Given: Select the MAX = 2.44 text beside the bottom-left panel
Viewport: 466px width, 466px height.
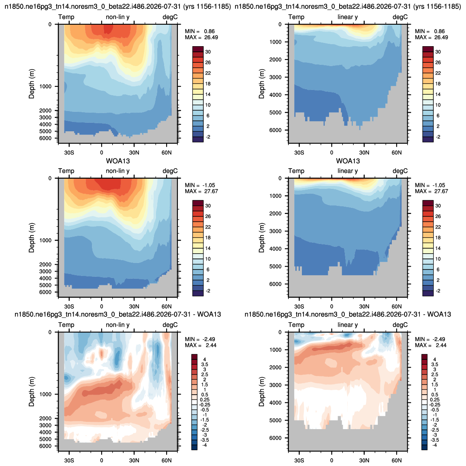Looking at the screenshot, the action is [201, 345].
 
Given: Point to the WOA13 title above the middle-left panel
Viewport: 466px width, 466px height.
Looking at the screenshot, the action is [118, 161].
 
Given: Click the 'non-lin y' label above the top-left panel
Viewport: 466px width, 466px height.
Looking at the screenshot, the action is [118, 17].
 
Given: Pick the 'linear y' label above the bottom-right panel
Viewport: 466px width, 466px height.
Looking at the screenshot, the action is [348, 325].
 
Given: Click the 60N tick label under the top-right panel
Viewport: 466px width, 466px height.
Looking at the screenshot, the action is [396, 152].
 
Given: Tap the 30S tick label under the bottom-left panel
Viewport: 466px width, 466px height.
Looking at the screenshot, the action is [69, 460].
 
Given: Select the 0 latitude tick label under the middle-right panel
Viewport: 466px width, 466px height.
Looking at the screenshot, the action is [331, 306].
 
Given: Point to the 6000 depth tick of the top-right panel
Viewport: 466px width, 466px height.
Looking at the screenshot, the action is [275, 130].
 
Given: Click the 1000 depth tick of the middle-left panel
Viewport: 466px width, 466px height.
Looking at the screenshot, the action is [45, 240].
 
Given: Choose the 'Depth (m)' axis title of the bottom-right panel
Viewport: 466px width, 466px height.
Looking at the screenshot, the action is [261, 391].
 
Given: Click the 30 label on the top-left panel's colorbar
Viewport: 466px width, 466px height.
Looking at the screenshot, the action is [208, 52].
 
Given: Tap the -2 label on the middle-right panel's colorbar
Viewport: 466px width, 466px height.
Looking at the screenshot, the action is [438, 291].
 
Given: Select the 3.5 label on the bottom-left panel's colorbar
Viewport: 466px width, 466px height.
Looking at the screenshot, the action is [205, 364].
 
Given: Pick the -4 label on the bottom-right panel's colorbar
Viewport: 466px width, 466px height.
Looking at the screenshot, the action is [434, 445].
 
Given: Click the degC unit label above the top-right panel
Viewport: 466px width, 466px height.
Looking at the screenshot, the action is [400, 17].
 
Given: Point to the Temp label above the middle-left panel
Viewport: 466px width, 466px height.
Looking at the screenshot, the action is [66, 171].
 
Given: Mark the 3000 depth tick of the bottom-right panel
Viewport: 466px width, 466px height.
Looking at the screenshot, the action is [275, 385].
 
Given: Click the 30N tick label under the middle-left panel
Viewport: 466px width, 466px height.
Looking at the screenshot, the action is [134, 306].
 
